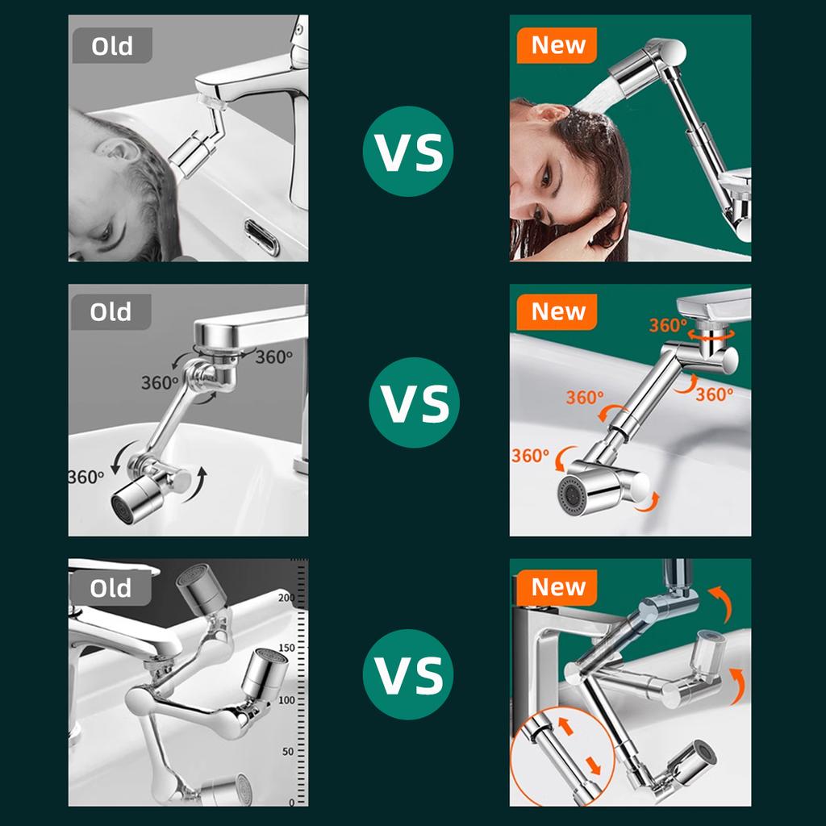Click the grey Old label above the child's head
112,45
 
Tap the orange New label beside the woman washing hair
557,45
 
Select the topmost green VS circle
407,152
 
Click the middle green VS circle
414,403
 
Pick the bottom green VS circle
407,675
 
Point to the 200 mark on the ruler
286,598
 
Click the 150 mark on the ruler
286,648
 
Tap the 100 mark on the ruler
286,700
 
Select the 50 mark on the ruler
288,751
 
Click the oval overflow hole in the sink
262,238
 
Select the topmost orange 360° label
668,326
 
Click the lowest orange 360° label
531,455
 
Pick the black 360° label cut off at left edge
86,477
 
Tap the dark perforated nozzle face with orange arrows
570,494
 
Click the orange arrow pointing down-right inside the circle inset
593,766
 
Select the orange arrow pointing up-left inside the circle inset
565,725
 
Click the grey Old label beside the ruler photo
111,587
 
